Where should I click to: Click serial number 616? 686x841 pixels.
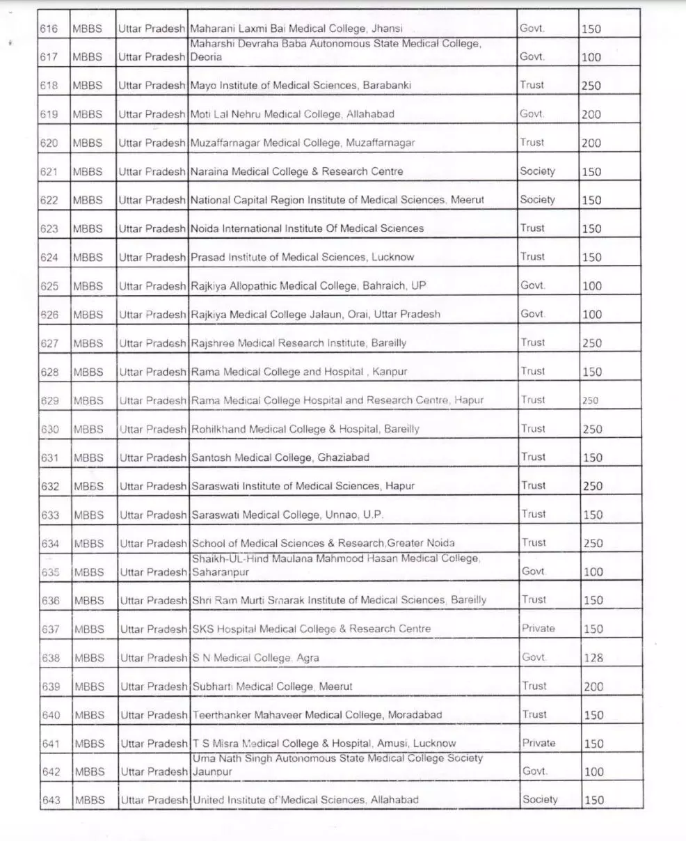tap(49, 29)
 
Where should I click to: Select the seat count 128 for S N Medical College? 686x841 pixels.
tap(593, 658)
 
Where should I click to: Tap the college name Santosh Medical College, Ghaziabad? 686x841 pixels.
tap(280, 457)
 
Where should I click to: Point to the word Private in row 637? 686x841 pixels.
tap(539, 629)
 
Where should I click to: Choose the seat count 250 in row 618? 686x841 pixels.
tap(591, 86)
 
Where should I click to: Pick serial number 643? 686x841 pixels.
tap(51, 801)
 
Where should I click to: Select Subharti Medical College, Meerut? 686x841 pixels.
tap(273, 686)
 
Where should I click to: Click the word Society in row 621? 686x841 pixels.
tap(537, 171)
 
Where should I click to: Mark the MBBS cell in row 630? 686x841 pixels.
tap(88, 429)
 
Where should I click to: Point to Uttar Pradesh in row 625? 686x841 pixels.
tap(152, 286)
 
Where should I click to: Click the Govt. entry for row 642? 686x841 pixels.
tap(535, 771)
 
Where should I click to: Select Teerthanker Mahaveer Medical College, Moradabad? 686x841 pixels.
tap(317, 715)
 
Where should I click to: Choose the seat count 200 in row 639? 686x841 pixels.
tap(593, 686)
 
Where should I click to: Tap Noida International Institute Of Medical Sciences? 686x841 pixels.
tap(307, 228)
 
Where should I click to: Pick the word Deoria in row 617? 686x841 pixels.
tap(207, 57)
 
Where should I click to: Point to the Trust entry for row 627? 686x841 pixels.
tap(533, 343)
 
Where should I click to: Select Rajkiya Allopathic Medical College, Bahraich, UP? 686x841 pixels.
tap(308, 286)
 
